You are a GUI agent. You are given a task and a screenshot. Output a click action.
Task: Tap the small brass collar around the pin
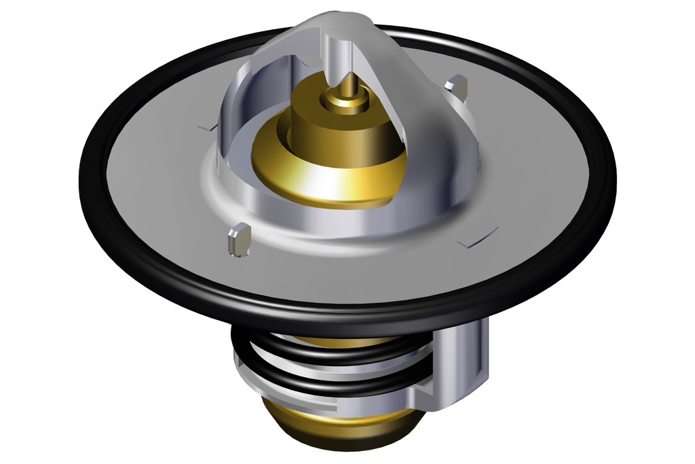click(345, 102)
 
